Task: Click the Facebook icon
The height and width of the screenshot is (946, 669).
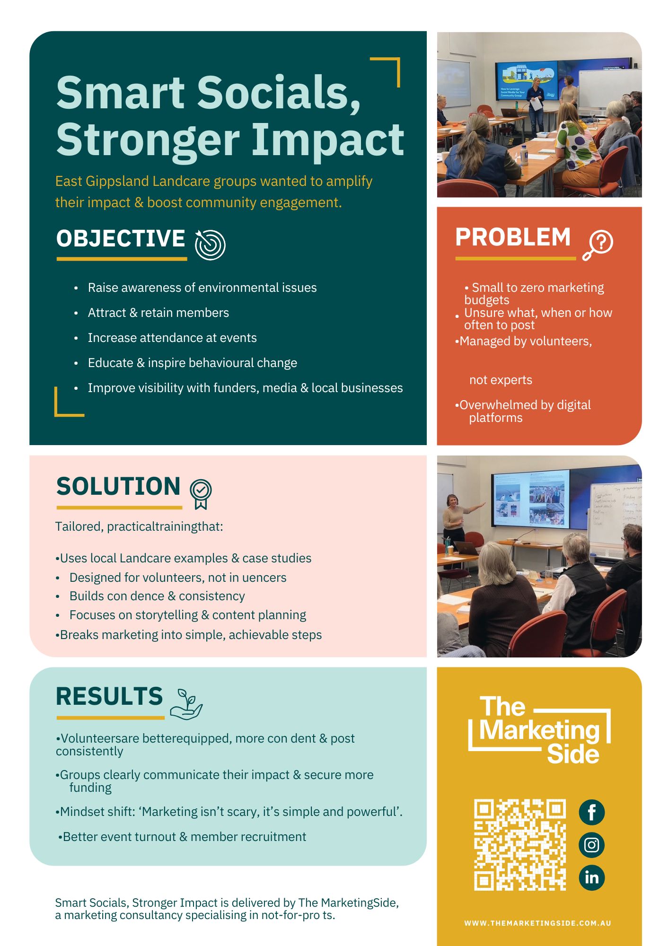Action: click(x=591, y=812)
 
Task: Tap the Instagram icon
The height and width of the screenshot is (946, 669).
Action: click(x=591, y=845)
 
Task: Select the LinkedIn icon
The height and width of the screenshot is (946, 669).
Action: click(x=591, y=877)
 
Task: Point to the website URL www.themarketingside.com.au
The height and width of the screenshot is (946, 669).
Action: click(x=537, y=923)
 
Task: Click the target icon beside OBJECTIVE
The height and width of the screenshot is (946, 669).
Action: click(x=210, y=245)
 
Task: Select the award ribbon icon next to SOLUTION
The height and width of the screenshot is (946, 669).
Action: click(x=201, y=493)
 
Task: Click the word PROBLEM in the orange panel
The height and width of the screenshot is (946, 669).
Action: click(x=513, y=237)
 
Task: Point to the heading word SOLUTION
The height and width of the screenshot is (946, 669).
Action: click(x=118, y=486)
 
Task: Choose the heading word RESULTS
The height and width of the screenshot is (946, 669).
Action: click(x=109, y=696)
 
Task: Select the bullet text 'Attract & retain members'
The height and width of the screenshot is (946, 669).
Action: click(x=158, y=313)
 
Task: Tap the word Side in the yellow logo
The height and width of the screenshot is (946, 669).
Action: click(x=573, y=754)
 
